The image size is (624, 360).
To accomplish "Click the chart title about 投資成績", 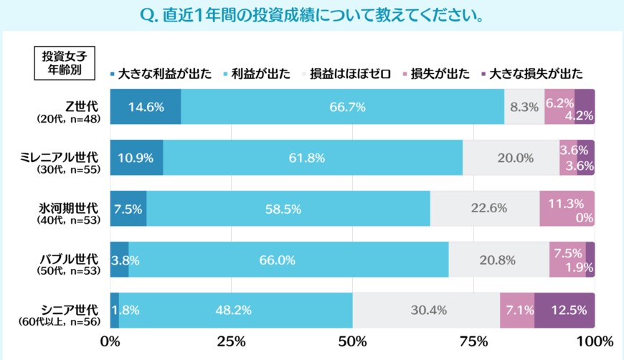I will (x=311, y=15).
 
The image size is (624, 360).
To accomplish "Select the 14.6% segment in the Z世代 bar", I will (x=146, y=108).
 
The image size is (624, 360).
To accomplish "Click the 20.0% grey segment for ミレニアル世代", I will (x=511, y=158).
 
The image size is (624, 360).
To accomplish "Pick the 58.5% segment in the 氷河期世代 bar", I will (x=288, y=209).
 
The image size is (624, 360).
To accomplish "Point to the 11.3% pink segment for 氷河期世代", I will (x=567, y=209).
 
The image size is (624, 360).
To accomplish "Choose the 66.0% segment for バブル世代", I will (x=288, y=260).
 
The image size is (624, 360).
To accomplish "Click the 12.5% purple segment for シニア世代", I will (x=564, y=311).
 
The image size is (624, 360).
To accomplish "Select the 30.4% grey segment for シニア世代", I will (x=426, y=311).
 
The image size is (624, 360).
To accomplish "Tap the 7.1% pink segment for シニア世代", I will (x=517, y=311).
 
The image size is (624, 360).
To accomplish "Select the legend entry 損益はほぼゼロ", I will (x=349, y=73).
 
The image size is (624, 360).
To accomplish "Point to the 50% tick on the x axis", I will (x=352, y=339).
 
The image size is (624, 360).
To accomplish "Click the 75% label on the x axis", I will (x=473, y=339).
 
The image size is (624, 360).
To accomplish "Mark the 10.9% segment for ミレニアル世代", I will (x=136, y=158).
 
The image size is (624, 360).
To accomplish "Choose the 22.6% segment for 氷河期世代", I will (x=485, y=209).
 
